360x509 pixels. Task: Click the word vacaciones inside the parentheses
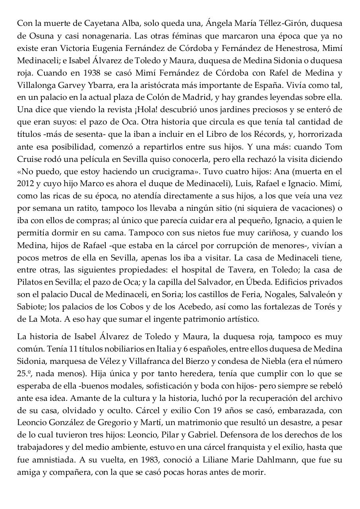(x=309, y=208)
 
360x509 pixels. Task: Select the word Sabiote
(x=30, y=307)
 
